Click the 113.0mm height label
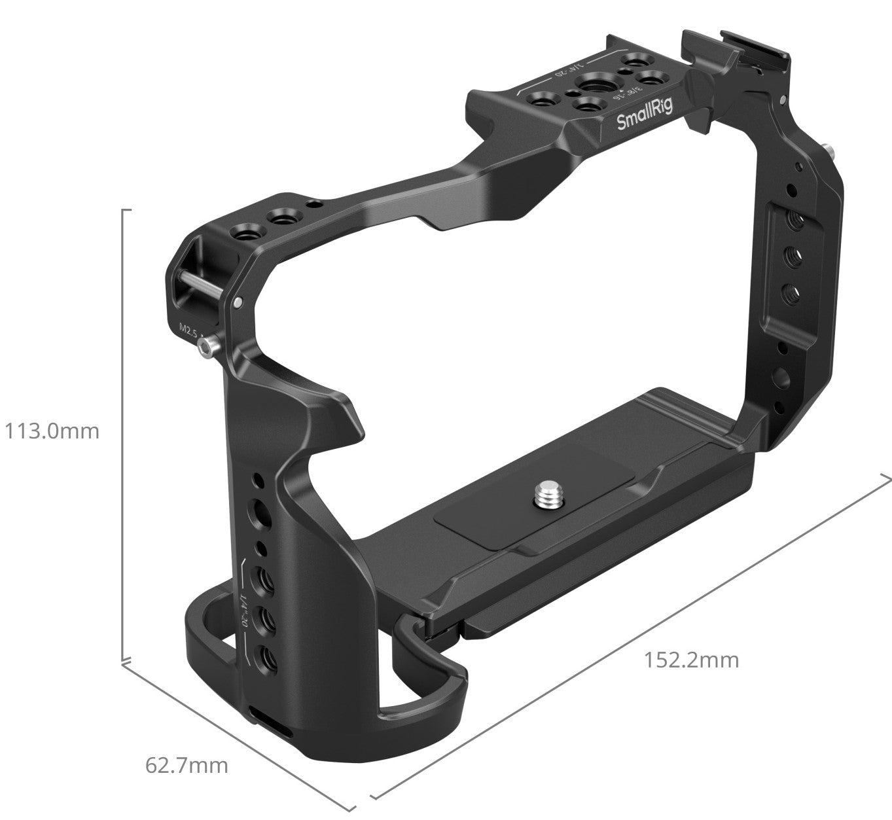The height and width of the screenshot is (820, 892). (52, 431)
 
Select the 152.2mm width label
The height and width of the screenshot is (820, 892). (691, 660)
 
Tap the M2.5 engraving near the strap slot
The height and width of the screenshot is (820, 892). (190, 329)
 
